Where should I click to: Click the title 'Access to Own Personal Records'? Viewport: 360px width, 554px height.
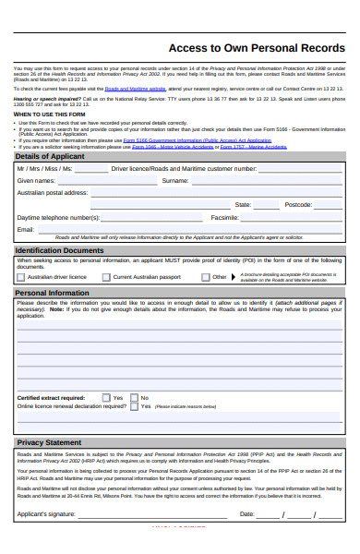pyautogui.click(x=256, y=48)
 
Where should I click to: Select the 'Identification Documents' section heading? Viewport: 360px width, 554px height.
pyautogui.click(x=59, y=250)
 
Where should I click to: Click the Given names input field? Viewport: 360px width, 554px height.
pyautogui.click(x=102, y=181)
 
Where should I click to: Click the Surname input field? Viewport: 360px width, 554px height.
pyautogui.click(x=268, y=181)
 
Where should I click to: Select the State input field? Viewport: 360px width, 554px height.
pyautogui.click(x=267, y=205)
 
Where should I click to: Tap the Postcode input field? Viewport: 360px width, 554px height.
pyautogui.click(x=330, y=205)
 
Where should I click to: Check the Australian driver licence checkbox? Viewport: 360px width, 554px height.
pyautogui.click(x=20, y=276)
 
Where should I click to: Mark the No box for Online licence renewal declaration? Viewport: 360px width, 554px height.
pyautogui.click(x=135, y=405)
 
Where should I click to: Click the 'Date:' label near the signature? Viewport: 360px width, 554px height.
pyautogui.click(x=246, y=514)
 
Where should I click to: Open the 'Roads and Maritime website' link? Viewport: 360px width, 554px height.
pyautogui.click(x=135, y=89)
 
